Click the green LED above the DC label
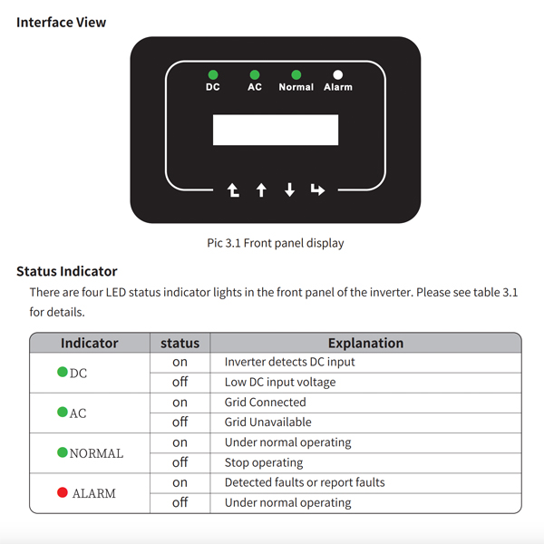coord(212,74)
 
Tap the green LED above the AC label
coord(255,74)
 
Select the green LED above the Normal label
coord(296,74)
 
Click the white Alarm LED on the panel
coord(337,74)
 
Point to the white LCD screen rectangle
coord(275,130)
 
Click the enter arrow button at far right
coord(317,189)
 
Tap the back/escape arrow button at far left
coord(233,189)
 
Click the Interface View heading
coord(61,22)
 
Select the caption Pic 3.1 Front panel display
coord(276,243)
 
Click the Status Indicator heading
coord(66,271)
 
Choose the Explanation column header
coord(365,343)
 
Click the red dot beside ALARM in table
coord(63,492)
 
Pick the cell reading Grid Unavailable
coord(267,422)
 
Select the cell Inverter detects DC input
coord(289,362)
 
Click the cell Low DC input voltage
coord(279,382)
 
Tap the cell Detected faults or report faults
coord(305,482)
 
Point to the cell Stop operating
coord(264,462)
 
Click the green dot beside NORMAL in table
coord(63,452)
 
